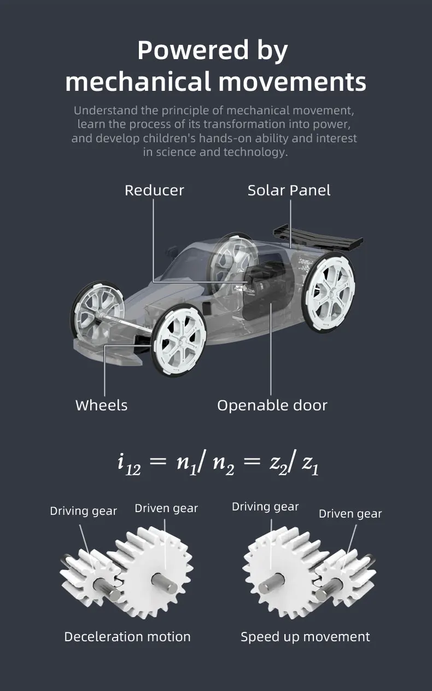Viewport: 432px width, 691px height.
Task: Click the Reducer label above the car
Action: [154, 190]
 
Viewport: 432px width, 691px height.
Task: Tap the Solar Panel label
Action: [289, 190]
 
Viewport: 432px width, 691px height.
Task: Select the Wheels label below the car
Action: [101, 405]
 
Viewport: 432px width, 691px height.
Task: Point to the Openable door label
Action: [272, 405]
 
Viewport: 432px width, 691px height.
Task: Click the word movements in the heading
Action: [293, 82]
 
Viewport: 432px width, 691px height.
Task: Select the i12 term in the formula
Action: [129, 464]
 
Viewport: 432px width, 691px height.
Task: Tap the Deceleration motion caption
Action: [127, 637]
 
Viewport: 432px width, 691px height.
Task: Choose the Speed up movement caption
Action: [305, 637]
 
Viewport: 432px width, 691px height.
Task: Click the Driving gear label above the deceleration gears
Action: [84, 511]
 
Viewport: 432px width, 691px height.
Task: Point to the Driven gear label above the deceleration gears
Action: [166, 508]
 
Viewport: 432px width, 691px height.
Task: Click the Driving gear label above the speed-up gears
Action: [265, 507]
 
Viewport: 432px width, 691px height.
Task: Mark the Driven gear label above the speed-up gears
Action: [350, 514]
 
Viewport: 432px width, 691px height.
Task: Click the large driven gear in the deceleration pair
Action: [156, 574]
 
